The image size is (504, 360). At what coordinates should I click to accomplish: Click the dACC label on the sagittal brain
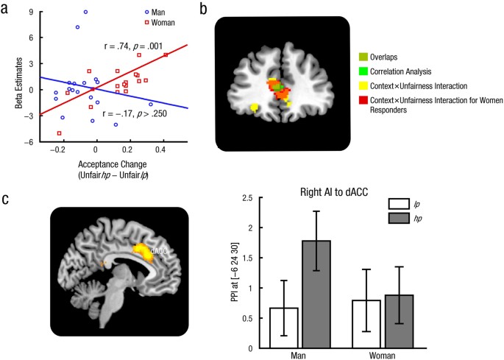159,252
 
